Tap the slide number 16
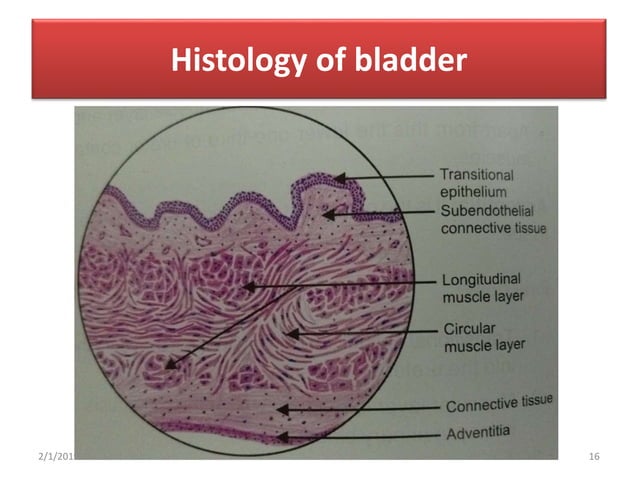click(594, 457)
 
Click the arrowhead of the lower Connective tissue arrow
click(282, 409)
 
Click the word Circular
click(467, 328)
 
